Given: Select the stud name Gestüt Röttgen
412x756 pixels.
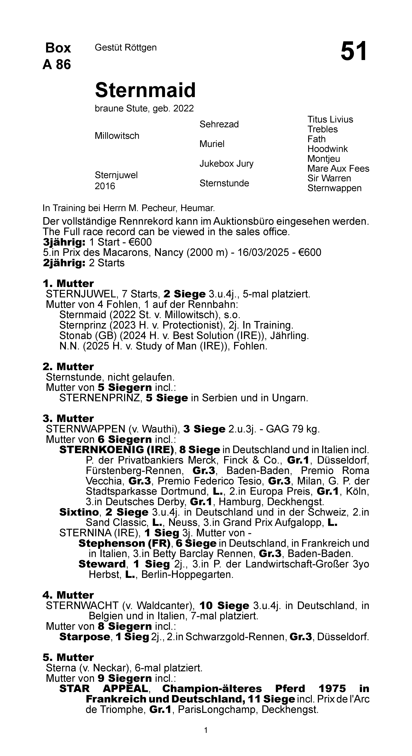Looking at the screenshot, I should tap(126, 47).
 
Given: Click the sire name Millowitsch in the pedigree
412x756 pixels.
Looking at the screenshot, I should tap(117, 136).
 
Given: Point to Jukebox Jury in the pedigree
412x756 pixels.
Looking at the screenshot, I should tap(226, 163).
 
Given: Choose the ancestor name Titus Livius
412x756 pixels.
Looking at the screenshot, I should tap(330, 119).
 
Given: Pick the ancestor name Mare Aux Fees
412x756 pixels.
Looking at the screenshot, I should tap(338, 168).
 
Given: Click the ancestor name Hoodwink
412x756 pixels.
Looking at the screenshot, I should tap(327, 149).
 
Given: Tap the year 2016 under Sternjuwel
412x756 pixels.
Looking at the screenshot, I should tap(105, 186).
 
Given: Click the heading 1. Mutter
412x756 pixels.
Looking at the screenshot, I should tap(68, 283).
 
